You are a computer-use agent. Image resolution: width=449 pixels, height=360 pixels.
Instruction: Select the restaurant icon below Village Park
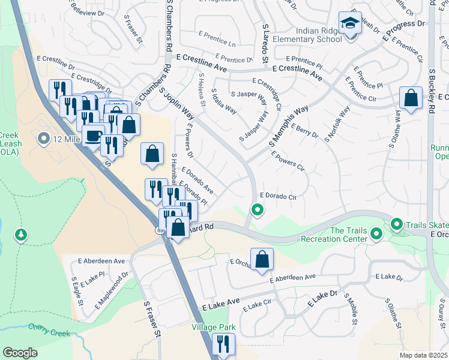pos(223,344)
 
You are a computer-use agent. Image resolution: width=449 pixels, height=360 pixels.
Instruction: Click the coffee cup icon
pos(92,135)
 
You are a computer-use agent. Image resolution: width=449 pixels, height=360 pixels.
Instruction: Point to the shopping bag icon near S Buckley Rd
pos(411,99)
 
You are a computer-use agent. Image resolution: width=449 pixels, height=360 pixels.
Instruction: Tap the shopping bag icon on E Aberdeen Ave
pos(262,259)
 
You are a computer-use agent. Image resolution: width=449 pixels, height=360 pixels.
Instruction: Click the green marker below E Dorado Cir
pos(258,210)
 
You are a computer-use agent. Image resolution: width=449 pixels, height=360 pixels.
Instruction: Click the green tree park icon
pos(22,234)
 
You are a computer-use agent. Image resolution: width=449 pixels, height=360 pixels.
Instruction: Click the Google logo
pos(20,352)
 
